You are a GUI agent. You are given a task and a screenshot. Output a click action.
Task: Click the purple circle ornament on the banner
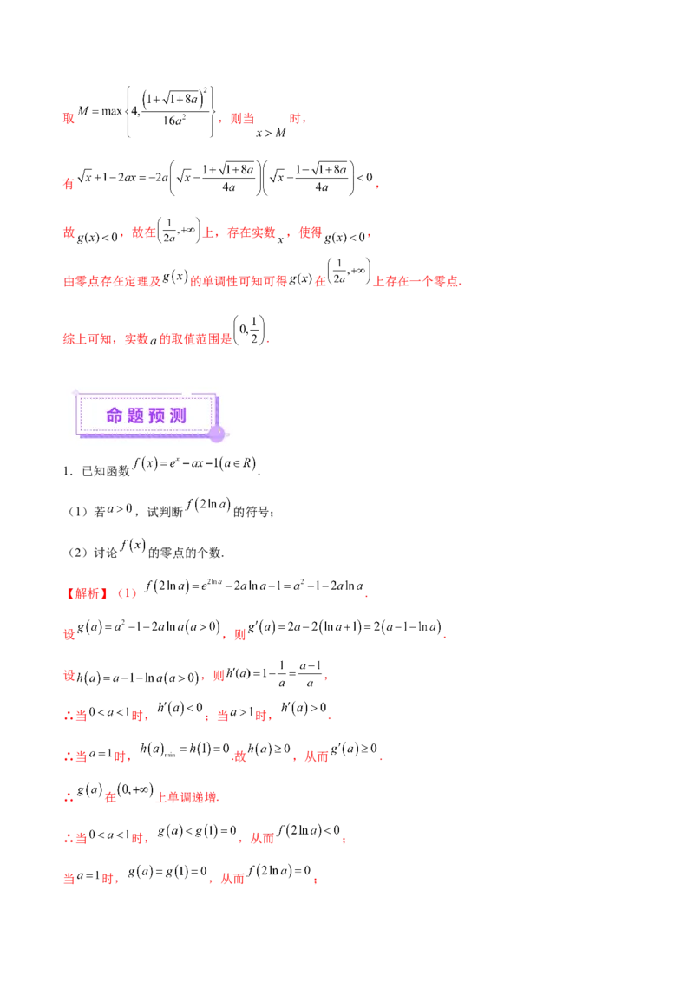click(x=217, y=433)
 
